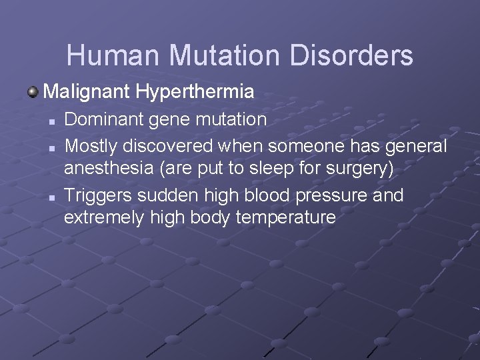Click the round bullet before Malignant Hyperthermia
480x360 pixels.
pos(33,90)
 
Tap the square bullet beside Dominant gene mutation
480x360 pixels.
pos(50,121)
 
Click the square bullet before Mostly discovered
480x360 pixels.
pos(50,146)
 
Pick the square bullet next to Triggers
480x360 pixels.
pos(50,196)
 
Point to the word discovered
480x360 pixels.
pos(173,145)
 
